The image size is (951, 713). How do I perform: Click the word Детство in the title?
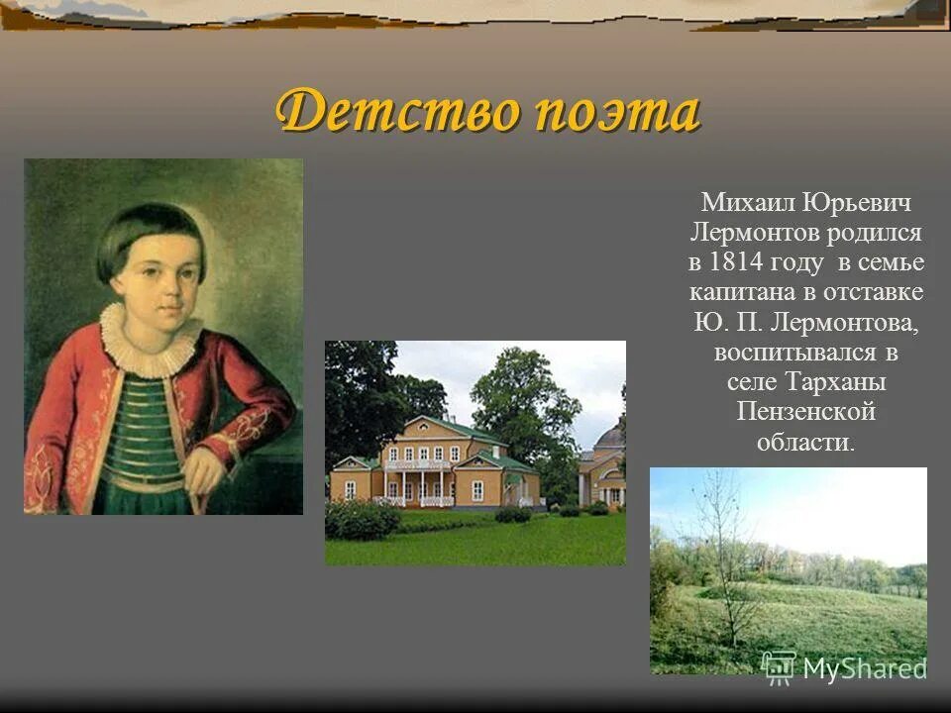pyautogui.click(x=396, y=111)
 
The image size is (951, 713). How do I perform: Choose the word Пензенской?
pyautogui.click(x=805, y=411)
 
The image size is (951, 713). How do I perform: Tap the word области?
pyautogui.click(x=805, y=441)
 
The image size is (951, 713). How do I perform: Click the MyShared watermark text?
pyautogui.click(x=864, y=667)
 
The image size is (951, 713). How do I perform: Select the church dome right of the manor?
pyautogui.click(x=610, y=436)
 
